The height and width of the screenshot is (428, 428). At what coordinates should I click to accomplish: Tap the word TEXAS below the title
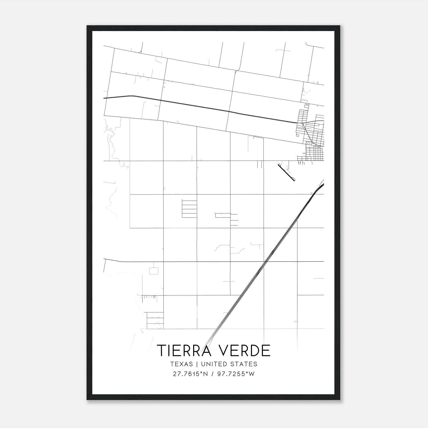pyautogui.click(x=181, y=364)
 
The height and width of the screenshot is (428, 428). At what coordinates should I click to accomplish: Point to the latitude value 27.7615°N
pyautogui.click(x=190, y=374)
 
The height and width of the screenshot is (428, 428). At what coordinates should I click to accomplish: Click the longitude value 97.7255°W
pyautogui.click(x=235, y=374)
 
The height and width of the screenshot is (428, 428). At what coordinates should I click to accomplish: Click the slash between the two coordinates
pyautogui.click(x=212, y=374)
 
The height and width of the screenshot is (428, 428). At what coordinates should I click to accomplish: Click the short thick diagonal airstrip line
pyautogui.click(x=286, y=173)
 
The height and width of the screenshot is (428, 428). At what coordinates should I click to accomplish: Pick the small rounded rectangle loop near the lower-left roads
pyautogui.click(x=154, y=271)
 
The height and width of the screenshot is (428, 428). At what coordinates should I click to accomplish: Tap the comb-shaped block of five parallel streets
pyautogui.click(x=189, y=208)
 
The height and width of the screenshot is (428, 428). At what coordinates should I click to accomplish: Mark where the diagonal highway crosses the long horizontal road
pyautogui.click(x=266, y=261)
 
